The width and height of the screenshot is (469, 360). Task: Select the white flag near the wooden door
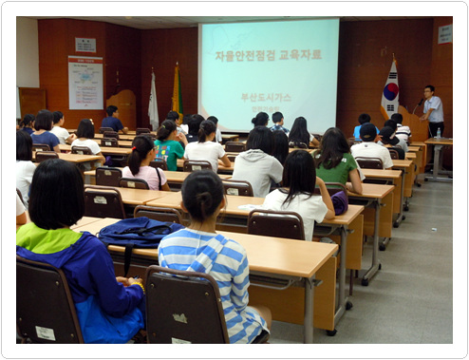154,103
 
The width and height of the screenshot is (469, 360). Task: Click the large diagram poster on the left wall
85,84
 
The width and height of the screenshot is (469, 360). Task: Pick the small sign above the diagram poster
85,45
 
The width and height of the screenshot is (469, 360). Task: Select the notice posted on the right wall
445,34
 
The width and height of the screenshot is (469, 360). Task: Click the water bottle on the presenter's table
439,134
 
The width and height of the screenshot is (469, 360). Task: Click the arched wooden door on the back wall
122,105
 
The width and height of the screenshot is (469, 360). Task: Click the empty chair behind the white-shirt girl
275,225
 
